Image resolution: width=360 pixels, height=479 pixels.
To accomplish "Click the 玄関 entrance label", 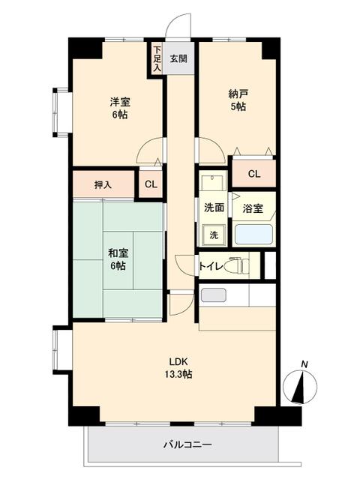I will [178, 58].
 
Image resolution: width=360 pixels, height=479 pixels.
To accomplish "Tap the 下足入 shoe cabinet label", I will [157, 59].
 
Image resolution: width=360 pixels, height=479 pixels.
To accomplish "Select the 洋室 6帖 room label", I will [119, 108].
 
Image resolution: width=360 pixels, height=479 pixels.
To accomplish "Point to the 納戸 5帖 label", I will [238, 100].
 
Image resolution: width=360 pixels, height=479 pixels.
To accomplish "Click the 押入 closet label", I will [103, 184].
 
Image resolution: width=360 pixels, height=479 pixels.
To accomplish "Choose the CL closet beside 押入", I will [151, 184].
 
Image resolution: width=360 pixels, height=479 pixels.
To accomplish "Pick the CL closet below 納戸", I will [254, 174].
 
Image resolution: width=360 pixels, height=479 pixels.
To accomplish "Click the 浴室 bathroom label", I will [253, 208].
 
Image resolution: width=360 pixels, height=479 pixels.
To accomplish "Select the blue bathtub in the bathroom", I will [254, 234].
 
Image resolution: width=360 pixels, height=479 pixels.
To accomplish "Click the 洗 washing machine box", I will [213, 235].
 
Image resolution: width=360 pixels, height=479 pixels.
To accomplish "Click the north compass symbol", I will [302, 385].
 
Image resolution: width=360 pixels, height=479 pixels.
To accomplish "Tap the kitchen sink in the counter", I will [213, 295].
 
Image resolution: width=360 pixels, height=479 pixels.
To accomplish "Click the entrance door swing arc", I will [178, 26].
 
